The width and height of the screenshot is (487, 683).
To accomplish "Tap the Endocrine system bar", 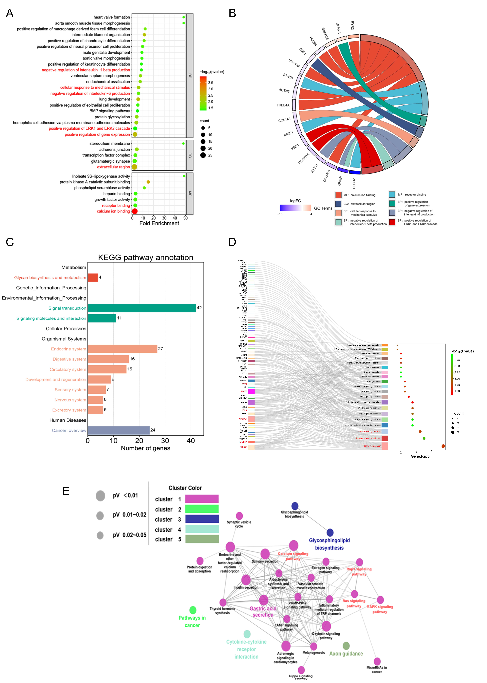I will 122,349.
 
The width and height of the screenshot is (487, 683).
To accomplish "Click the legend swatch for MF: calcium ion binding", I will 338,195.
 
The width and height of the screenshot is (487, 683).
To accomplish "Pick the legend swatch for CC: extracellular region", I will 338,204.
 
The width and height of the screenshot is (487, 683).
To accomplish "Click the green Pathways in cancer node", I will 193,610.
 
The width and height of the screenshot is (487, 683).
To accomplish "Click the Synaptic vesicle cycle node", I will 239,516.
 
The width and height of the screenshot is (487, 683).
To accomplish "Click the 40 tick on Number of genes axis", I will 191,441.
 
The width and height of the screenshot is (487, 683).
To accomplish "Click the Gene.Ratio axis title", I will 420,456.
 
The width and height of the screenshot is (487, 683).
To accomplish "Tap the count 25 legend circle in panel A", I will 203,155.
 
